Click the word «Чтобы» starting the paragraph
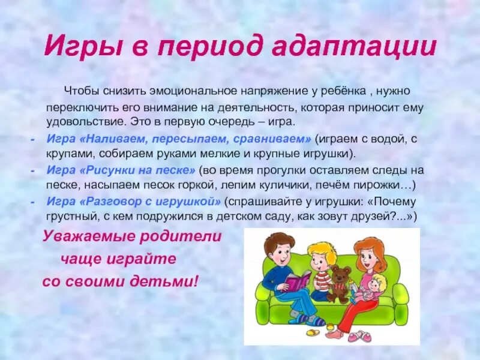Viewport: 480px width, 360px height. [x=82, y=91]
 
